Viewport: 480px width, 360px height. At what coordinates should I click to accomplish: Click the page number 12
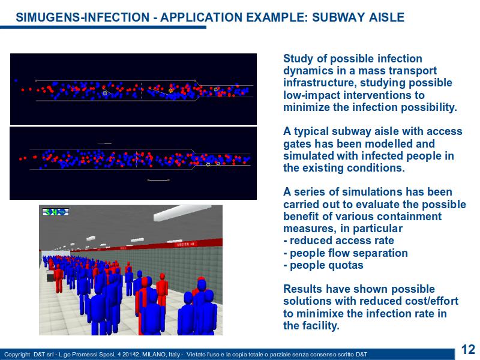(x=468, y=349)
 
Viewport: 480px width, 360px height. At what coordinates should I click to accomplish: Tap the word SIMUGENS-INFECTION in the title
(x=83, y=17)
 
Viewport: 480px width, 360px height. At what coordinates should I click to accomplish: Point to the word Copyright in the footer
(x=17, y=355)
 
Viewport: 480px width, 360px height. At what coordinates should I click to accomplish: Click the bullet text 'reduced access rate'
(x=341, y=241)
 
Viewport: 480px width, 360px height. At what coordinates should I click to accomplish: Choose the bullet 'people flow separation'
(x=349, y=253)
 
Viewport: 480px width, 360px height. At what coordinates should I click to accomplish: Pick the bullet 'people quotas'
(x=326, y=265)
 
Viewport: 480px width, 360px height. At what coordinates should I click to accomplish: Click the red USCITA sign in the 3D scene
(x=185, y=244)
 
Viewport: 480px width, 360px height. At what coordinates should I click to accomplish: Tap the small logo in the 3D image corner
(x=56, y=212)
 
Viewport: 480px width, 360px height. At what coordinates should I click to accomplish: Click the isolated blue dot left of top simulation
(x=16, y=81)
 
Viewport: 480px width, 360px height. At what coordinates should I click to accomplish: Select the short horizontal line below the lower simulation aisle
(x=158, y=180)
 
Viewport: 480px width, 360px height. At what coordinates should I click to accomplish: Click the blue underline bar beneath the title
(x=103, y=27)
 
